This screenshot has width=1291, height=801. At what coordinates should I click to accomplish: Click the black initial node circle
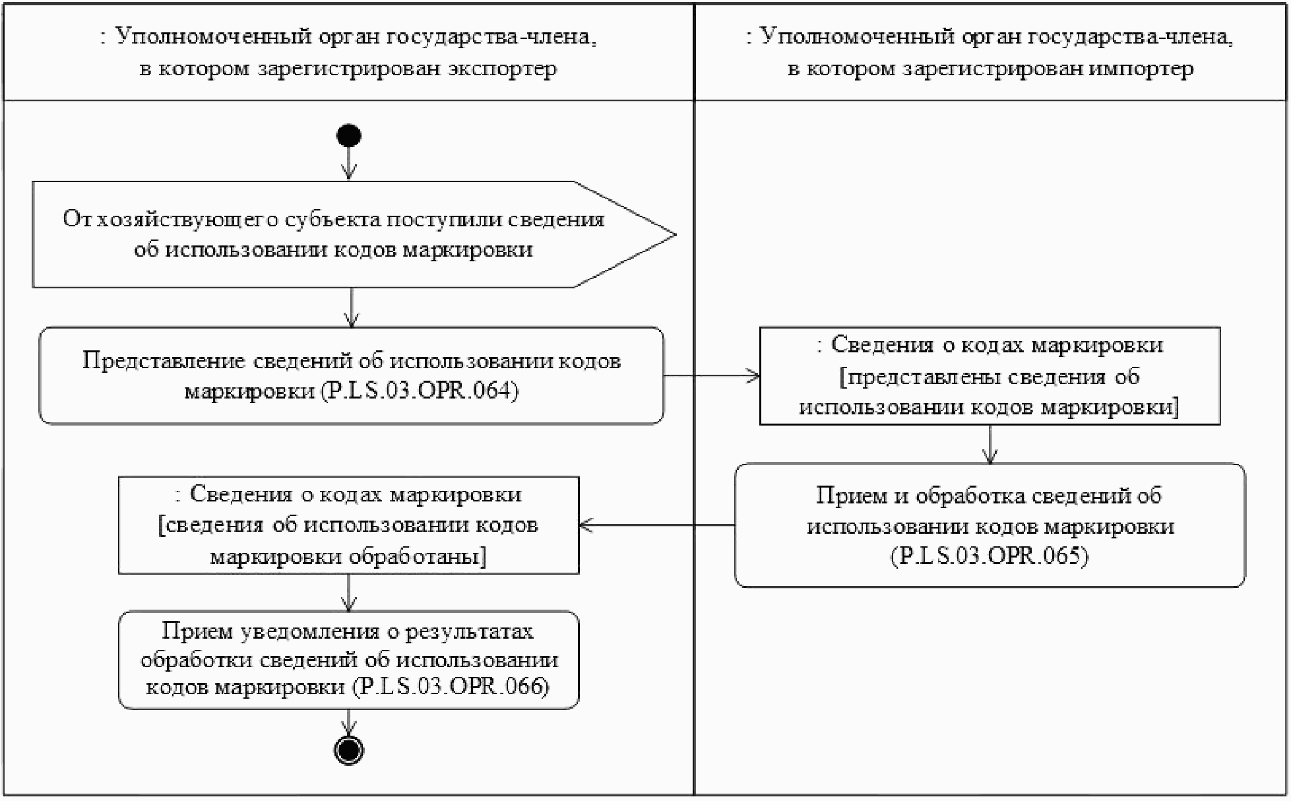[x=349, y=136]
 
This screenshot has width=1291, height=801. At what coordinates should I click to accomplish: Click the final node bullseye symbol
[x=349, y=750]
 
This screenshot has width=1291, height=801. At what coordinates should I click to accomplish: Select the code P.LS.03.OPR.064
[x=420, y=391]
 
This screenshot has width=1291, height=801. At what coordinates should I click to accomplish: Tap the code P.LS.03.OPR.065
[x=990, y=556]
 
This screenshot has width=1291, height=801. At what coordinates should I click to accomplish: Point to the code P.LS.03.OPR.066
[x=451, y=687]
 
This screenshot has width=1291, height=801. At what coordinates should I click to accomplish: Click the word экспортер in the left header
[x=502, y=69]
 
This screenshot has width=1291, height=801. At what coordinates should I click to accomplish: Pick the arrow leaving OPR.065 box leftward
[x=657, y=525]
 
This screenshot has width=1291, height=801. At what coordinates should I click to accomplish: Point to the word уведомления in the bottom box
[x=309, y=631]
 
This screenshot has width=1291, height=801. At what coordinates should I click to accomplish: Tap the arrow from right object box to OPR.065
[x=990, y=444]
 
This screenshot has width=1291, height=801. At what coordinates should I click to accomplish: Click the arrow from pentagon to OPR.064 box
[x=352, y=307]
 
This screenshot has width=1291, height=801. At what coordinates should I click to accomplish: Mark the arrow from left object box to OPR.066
[x=349, y=593]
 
